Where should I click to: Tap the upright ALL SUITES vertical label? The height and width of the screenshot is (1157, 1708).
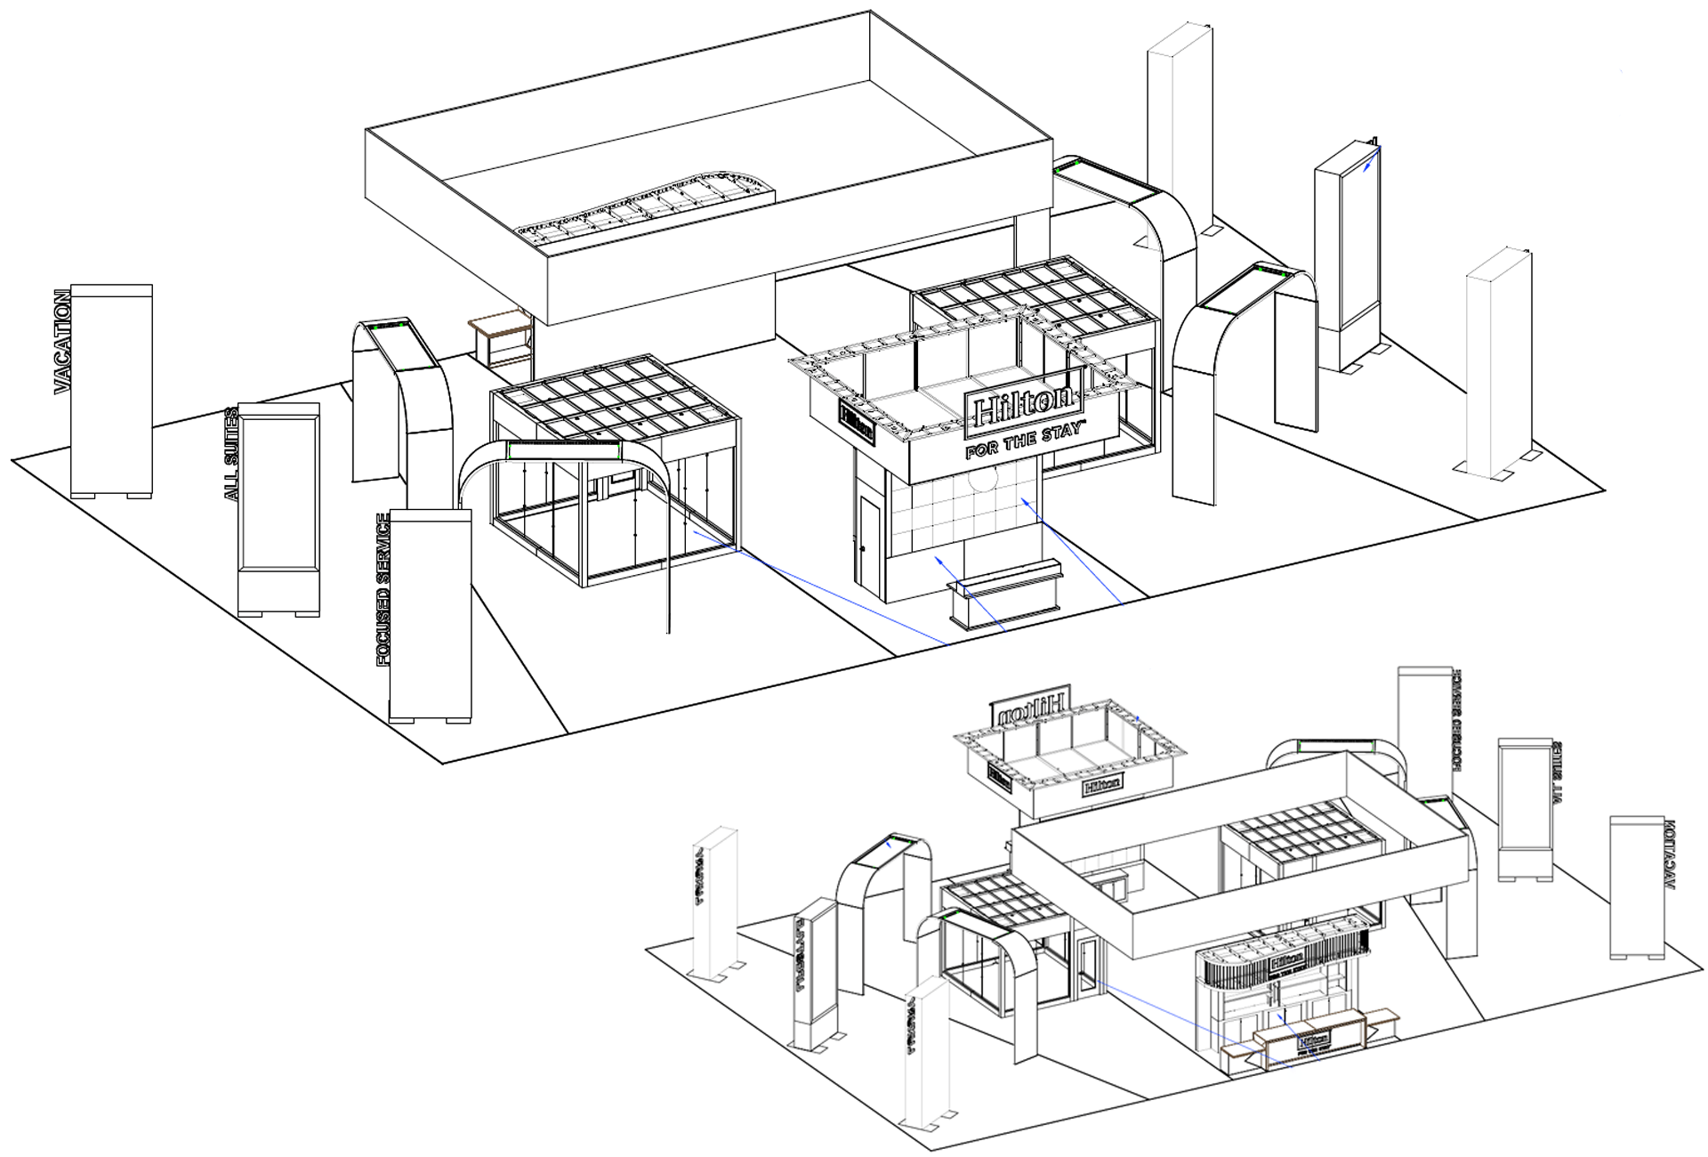(231, 454)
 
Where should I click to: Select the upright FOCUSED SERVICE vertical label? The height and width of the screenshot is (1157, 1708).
(383, 589)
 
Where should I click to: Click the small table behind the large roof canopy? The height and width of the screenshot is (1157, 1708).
(500, 338)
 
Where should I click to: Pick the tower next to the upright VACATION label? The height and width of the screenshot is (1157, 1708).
(111, 392)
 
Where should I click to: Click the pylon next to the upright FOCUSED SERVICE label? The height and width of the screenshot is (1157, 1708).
(431, 614)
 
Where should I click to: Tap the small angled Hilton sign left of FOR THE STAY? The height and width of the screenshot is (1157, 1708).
(858, 421)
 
